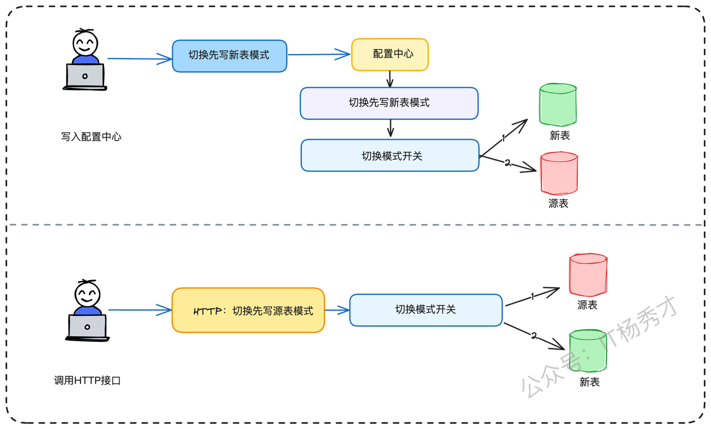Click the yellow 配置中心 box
(390, 54)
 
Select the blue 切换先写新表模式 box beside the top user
(229, 56)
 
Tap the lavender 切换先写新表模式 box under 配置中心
(389, 103)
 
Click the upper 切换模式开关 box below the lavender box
(390, 155)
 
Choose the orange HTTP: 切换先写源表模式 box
(248, 310)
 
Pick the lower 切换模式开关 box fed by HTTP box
(425, 310)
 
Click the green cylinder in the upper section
(558, 104)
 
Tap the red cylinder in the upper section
(559, 173)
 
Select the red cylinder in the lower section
(588, 275)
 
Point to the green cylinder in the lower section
(588, 351)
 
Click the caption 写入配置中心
(91, 137)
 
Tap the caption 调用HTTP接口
(87, 380)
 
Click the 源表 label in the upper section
(558, 203)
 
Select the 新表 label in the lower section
(589, 382)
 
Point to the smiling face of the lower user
(87, 294)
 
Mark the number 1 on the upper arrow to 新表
(503, 138)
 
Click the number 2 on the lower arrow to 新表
(534, 335)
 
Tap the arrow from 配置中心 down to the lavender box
(390, 79)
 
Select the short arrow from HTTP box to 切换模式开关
(337, 310)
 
